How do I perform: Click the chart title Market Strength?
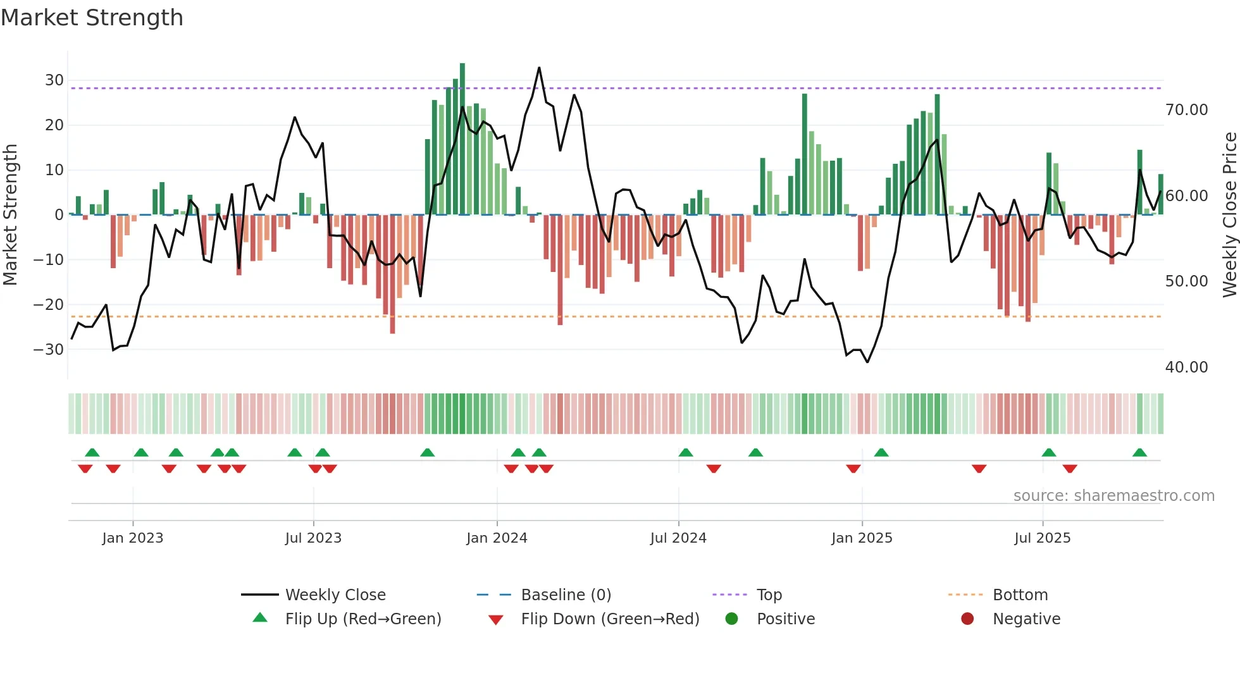[92, 18]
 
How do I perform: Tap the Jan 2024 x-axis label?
[497, 538]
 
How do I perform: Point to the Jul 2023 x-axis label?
[313, 538]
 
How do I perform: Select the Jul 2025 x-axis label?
[1042, 538]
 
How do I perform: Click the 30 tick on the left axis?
[54, 80]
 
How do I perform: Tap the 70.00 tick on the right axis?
[1186, 110]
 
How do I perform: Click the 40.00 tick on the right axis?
[1186, 367]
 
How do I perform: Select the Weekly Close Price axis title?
[1229, 215]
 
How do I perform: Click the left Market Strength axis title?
[10, 215]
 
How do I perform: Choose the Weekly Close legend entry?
[335, 595]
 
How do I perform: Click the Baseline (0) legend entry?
[566, 595]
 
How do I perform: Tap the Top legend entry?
[769, 595]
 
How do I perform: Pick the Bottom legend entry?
[1020, 595]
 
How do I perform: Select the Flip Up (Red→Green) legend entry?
[363, 619]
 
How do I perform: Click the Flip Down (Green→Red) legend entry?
[610, 619]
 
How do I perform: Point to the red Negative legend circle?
[967, 619]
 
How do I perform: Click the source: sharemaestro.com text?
[1113, 496]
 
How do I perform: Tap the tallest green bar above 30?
[462, 139]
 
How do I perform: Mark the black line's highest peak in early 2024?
[539, 68]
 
